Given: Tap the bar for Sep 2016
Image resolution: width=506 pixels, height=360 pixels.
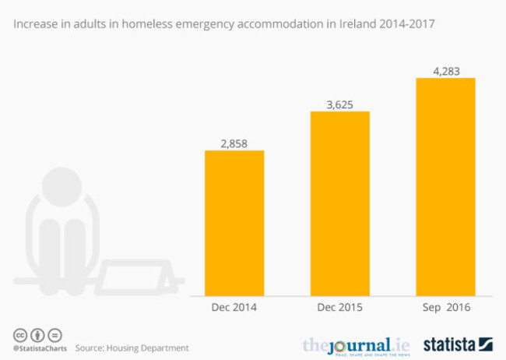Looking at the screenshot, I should click(445, 184).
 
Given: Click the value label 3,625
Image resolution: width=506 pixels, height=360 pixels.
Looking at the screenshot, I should click(340, 102).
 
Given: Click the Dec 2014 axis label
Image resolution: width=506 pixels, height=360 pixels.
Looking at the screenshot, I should click(234, 307).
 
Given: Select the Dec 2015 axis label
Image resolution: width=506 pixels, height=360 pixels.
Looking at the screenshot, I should click(340, 307).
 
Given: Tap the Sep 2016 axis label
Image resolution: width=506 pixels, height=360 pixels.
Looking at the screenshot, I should click(445, 307).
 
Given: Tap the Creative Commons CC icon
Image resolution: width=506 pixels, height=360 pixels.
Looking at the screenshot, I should click(18, 334).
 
